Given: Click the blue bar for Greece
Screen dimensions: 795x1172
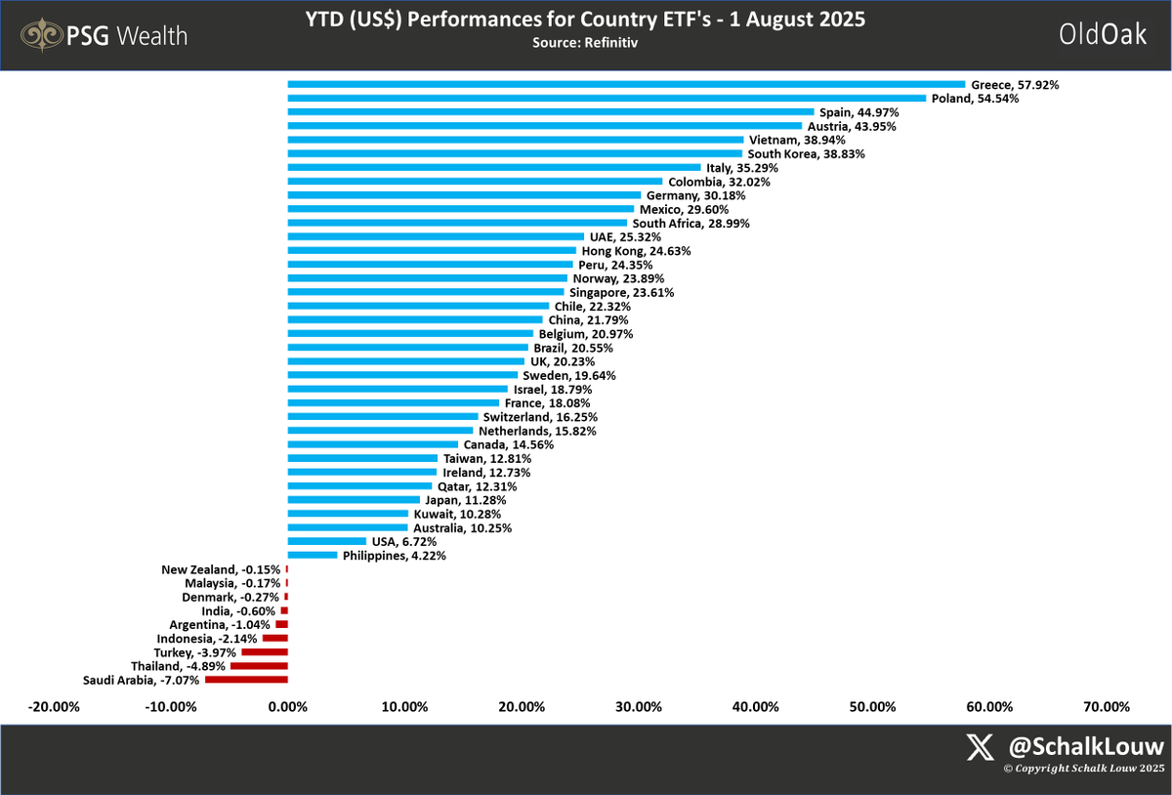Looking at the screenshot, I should tap(625, 85).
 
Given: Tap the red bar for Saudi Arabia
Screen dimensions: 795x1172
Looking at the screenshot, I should tap(246, 679).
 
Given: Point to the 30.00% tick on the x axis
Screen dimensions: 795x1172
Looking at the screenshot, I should tap(638, 707).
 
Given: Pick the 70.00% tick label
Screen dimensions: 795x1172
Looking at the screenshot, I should tap(1107, 707).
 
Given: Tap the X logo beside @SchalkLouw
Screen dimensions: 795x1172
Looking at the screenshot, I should tap(980, 747).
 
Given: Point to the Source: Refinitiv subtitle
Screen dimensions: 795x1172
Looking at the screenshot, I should tap(585, 44).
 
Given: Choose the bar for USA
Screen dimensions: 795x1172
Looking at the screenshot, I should tap(327, 541).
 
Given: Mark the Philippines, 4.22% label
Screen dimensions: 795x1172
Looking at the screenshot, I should tap(394, 556).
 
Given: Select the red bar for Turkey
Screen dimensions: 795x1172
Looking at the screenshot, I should tap(265, 651).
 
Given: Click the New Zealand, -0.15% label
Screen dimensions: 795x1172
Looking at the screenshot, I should tap(221, 569).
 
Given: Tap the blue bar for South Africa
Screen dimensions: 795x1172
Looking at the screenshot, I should tap(457, 223).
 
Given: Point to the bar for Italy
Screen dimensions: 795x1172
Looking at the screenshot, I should tap(494, 168).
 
